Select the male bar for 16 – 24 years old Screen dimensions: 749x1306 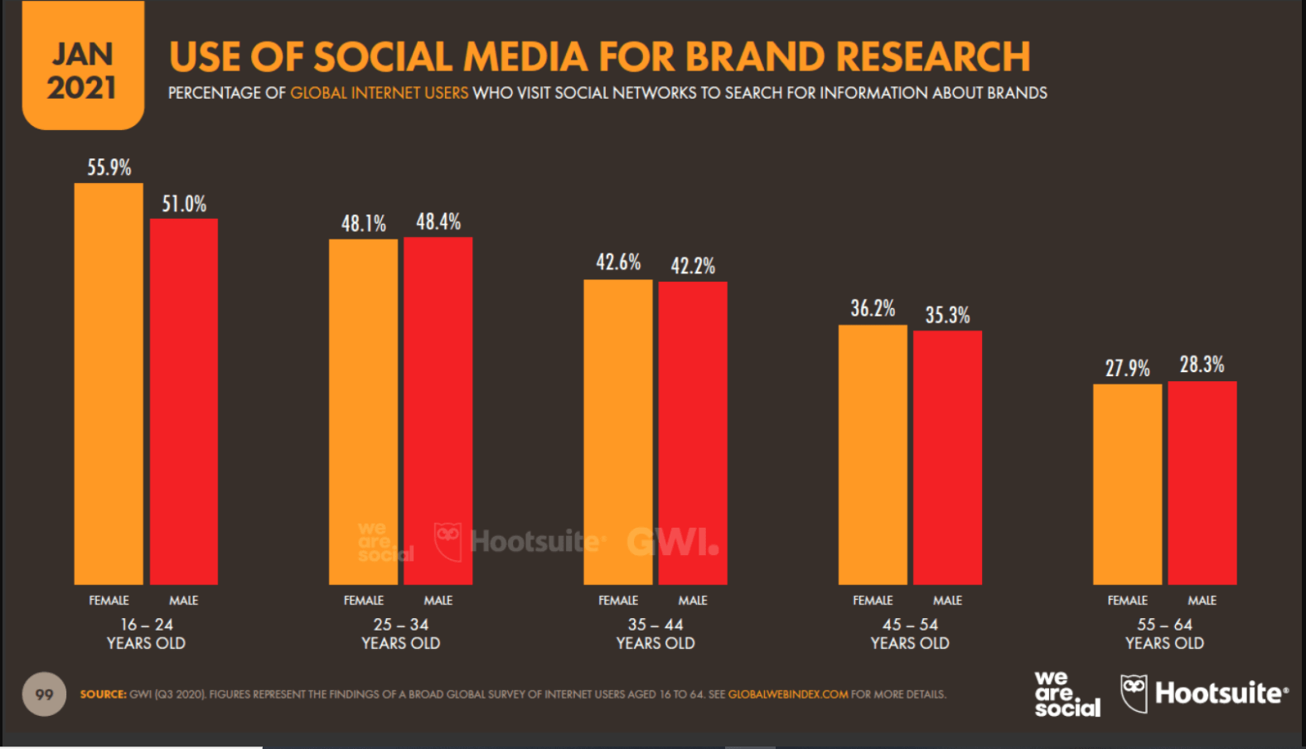click(184, 401)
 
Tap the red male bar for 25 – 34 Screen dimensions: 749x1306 click(438, 410)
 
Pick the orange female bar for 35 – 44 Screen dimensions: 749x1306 click(617, 432)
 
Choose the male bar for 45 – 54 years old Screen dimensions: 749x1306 click(947, 457)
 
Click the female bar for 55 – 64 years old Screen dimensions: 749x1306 click(1127, 484)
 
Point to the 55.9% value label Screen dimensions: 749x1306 click(109, 167)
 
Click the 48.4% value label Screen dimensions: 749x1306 click(438, 222)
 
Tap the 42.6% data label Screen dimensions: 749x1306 click(618, 263)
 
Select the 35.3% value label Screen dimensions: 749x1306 click(947, 315)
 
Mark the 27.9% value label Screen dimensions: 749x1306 click(1127, 368)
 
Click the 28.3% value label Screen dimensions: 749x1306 click(1202, 365)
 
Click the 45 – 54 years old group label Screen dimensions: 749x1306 click(910, 634)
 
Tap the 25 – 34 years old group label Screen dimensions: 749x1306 click(400, 634)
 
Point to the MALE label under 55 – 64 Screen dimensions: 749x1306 click(1202, 600)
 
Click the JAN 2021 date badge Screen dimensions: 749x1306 click(82, 71)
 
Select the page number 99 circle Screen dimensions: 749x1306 click(44, 694)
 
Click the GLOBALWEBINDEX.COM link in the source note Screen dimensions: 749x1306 click(787, 694)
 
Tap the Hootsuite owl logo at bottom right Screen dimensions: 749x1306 click(1134, 692)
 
